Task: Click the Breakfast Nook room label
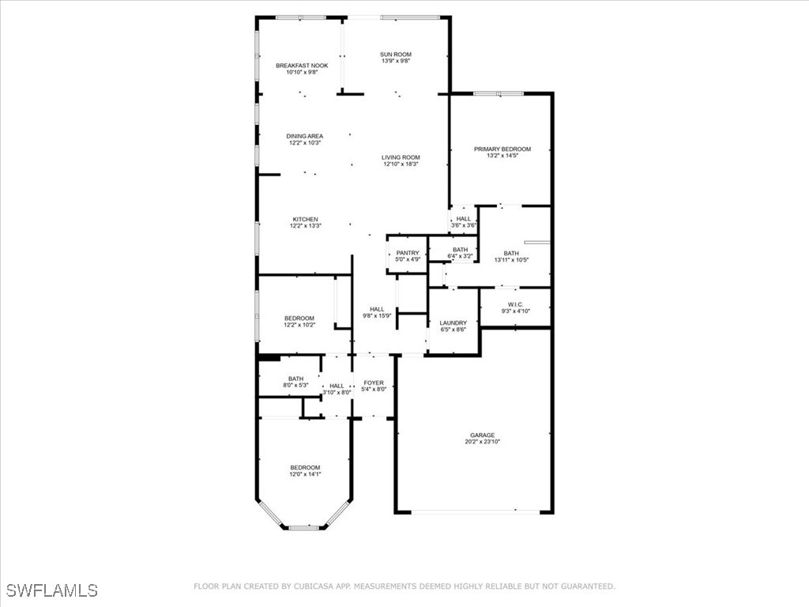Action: click(x=302, y=66)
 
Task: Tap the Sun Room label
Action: click(x=395, y=55)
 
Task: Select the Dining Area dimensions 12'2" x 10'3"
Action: click(x=304, y=143)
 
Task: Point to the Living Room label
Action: click(x=401, y=157)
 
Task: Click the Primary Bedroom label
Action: click(x=502, y=149)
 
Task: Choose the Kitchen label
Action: click(x=305, y=219)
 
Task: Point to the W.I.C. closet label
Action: click(x=515, y=307)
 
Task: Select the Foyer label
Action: click(x=373, y=383)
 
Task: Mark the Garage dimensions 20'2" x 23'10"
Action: click(x=483, y=442)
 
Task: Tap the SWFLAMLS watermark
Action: click(x=51, y=590)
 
